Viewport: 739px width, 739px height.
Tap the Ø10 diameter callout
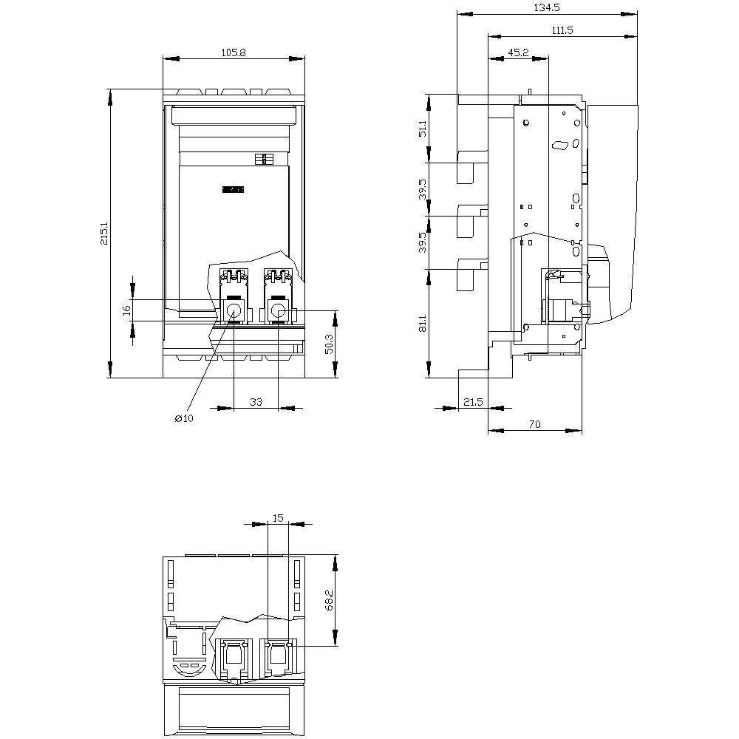coord(184,418)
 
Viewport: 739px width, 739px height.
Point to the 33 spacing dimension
coord(256,402)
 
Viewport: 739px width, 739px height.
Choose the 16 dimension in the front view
coord(126,310)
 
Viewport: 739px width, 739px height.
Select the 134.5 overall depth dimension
coord(546,7)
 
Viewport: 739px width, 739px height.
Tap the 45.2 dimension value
coord(519,52)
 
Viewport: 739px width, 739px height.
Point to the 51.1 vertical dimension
coord(423,128)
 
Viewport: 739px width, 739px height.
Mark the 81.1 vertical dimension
coord(423,323)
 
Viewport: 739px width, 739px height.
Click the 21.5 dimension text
coord(473,402)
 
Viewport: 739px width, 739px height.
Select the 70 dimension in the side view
coord(535,424)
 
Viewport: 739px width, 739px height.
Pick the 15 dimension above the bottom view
coord(278,518)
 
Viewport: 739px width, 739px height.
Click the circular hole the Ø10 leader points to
coord(234,311)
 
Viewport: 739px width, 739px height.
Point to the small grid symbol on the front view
coord(263,159)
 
